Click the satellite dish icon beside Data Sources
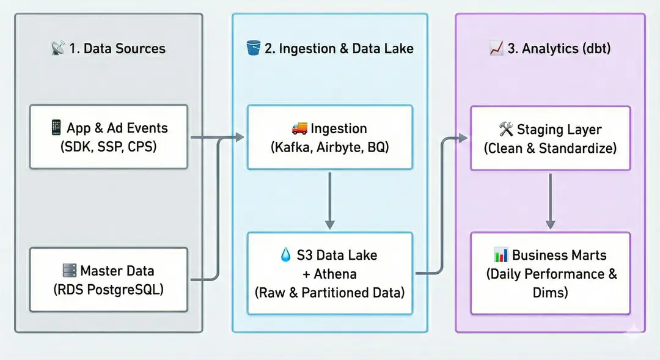click(x=58, y=48)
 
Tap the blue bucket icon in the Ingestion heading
click(x=253, y=48)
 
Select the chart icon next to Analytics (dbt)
click(x=496, y=48)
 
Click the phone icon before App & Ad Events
click(x=56, y=127)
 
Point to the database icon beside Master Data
click(x=70, y=270)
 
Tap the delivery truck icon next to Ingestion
click(x=299, y=128)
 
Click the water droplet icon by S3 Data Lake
click(x=285, y=255)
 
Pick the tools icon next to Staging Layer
click(x=505, y=129)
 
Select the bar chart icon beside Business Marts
click(x=501, y=255)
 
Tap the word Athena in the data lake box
click(x=335, y=274)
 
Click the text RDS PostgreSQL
click(x=109, y=289)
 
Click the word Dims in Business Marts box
click(x=550, y=292)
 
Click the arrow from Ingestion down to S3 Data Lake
click(x=330, y=200)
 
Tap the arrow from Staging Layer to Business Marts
click(x=550, y=201)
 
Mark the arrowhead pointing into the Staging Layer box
click(x=463, y=138)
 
